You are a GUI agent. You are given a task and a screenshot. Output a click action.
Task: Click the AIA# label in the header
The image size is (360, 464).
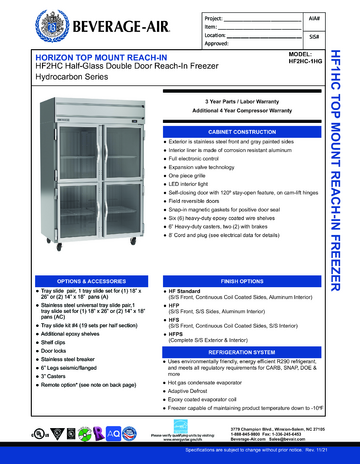tap(314, 19)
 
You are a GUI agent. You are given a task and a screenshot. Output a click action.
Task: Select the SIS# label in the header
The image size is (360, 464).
tap(315, 36)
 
